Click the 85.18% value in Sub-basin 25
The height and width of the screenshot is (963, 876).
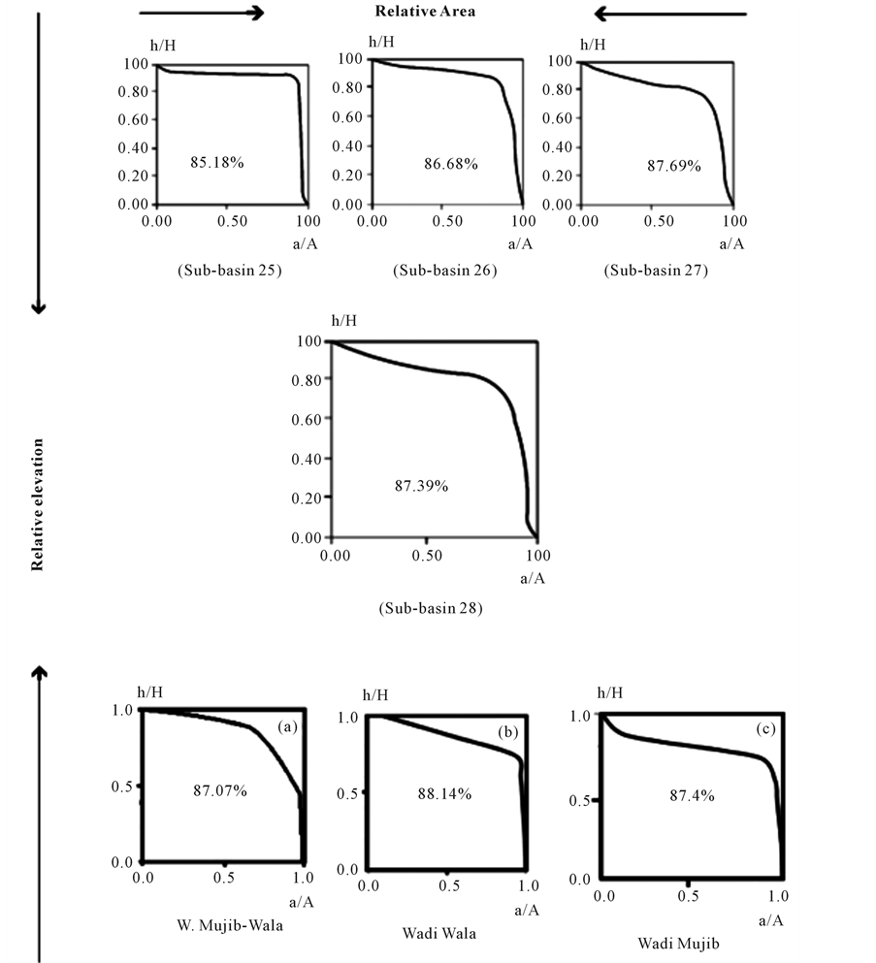pyautogui.click(x=216, y=162)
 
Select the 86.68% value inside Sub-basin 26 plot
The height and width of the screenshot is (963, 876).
pyautogui.click(x=450, y=165)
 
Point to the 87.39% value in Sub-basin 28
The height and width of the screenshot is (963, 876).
pyautogui.click(x=421, y=486)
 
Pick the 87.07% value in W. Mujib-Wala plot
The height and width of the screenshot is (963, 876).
pyautogui.click(x=220, y=791)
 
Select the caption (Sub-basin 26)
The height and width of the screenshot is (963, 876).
pyautogui.click(x=445, y=271)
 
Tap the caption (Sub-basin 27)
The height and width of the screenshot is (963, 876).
pyautogui.click(x=656, y=271)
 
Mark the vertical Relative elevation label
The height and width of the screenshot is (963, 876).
pyautogui.click(x=38, y=505)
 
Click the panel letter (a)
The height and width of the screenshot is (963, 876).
pyautogui.click(x=287, y=725)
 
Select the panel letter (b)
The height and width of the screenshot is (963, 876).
pyautogui.click(x=507, y=734)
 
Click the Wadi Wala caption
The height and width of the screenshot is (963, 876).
pyautogui.click(x=438, y=934)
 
